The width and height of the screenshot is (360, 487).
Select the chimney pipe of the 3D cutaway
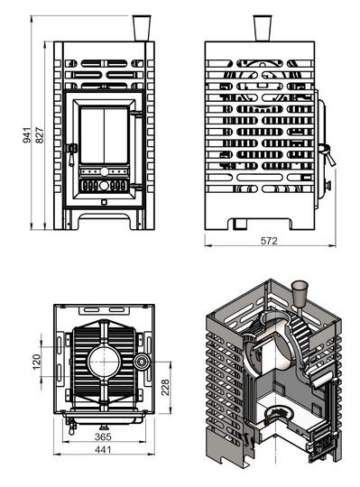tap(300, 294)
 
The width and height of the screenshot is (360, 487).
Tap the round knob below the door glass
tap(102, 171)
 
